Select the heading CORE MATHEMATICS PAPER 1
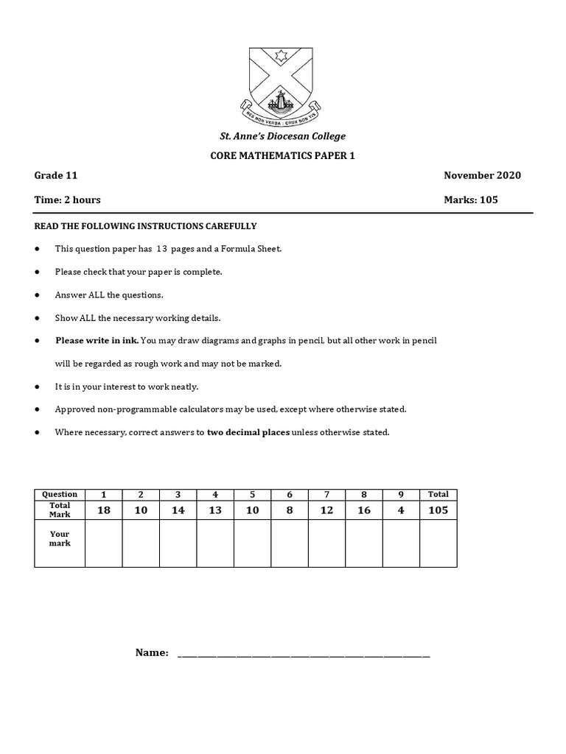(x=283, y=155)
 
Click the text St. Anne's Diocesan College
(x=283, y=136)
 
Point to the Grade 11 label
(x=56, y=175)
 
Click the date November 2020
(x=482, y=175)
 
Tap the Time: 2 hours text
(x=68, y=200)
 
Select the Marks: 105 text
(x=471, y=200)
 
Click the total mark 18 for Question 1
(x=103, y=510)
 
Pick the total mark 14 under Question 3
(x=178, y=510)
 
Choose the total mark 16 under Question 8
(x=364, y=510)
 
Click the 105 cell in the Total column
(x=438, y=510)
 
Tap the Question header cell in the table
(x=60, y=494)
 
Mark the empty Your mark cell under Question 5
(x=252, y=543)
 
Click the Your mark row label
(x=60, y=538)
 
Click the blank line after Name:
(x=304, y=655)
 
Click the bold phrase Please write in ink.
(x=97, y=341)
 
